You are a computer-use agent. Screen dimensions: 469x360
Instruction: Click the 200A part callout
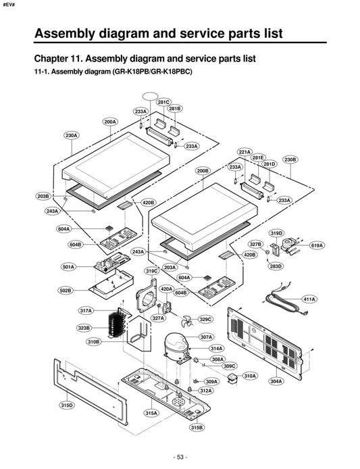(110, 122)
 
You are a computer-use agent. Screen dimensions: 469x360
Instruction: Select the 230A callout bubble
(72, 136)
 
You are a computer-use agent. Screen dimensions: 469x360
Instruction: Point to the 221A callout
(244, 152)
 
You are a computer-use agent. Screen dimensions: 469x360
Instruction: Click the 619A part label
(317, 245)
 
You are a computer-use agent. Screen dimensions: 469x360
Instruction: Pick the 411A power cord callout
(309, 299)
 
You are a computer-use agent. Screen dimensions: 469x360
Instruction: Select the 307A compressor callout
(206, 337)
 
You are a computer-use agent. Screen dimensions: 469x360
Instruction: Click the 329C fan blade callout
(205, 319)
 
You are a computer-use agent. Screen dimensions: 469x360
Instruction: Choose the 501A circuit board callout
(68, 267)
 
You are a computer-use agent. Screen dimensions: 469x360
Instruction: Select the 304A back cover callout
(276, 381)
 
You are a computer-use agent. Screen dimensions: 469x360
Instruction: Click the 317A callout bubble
(85, 311)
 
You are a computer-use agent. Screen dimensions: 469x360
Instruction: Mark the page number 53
(180, 457)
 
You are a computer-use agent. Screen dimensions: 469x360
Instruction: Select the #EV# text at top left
(9, 5)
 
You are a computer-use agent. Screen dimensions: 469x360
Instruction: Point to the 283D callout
(276, 266)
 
